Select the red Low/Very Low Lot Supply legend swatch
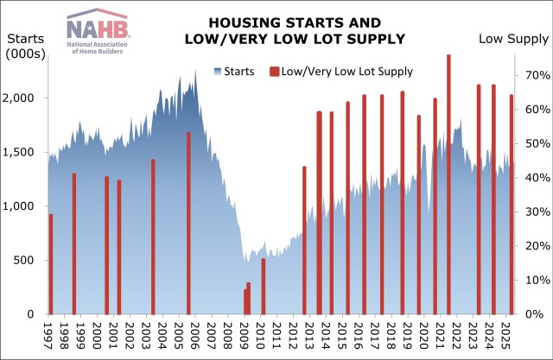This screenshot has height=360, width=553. (275, 71)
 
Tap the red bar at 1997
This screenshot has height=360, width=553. (51, 263)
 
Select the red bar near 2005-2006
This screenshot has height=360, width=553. (188, 223)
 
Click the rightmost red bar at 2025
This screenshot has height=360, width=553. (511, 204)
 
